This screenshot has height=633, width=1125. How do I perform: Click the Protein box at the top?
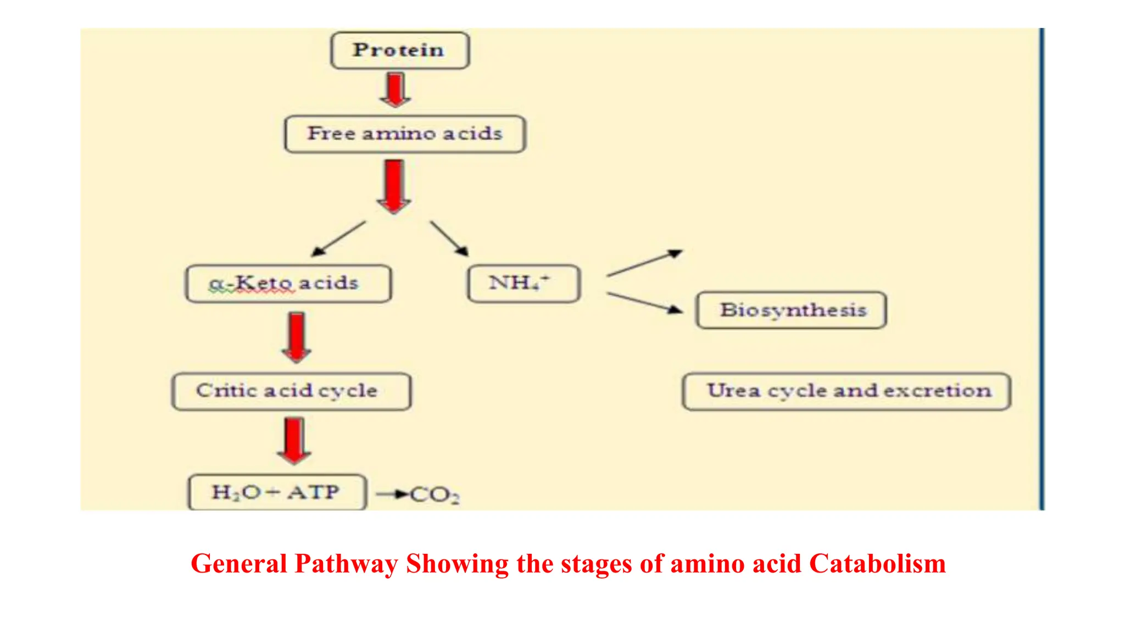point(399,51)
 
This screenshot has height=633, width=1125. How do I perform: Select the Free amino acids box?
point(405,134)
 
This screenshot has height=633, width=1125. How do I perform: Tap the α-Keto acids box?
point(288,284)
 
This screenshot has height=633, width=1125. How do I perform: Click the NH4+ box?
point(523,284)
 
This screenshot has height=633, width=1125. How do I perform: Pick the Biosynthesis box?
point(791,310)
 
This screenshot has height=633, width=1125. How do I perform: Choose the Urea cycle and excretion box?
point(846,391)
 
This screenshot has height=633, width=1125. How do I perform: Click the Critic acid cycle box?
point(291,391)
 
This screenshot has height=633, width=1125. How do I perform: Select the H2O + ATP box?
point(277,492)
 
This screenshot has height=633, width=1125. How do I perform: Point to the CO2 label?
point(435,495)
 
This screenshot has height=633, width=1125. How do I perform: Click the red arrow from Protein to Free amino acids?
point(395,90)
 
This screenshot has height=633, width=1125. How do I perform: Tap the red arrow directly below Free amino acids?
point(394,186)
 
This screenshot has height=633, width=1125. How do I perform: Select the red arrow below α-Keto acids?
point(297,337)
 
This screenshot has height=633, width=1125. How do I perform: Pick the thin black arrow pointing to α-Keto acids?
point(338,239)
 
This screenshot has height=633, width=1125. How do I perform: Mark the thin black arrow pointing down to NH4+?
point(449,238)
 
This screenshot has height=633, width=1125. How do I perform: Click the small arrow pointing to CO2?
point(391,495)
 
